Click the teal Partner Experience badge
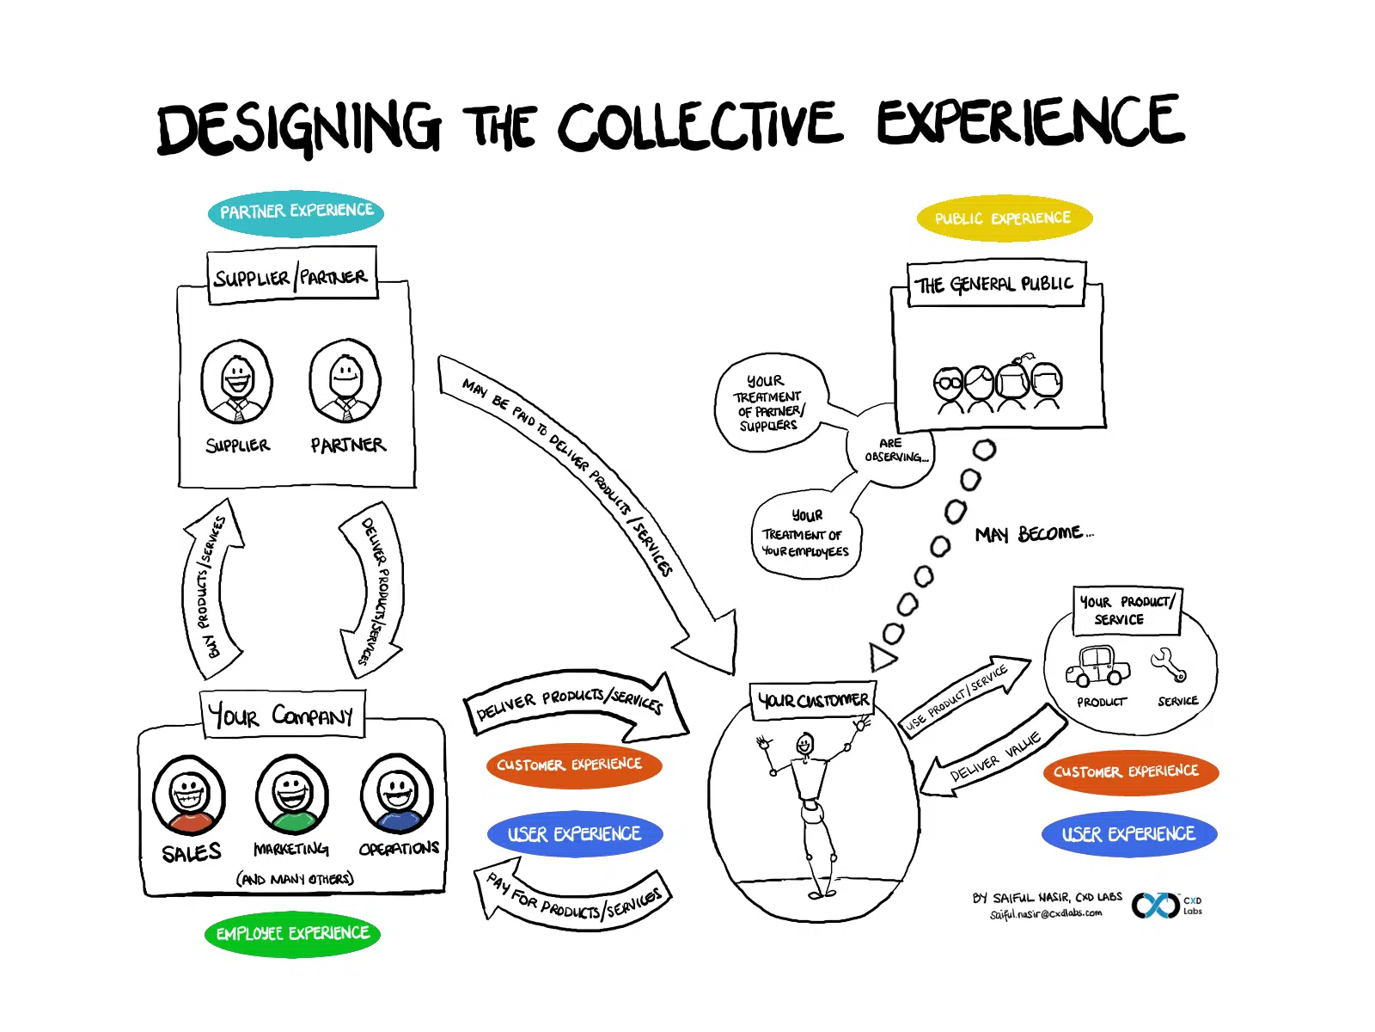point(296,212)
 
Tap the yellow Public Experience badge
point(1004,218)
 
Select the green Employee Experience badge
point(292,934)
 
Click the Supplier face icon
point(237,382)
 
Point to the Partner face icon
point(345,380)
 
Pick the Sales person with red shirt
point(189,795)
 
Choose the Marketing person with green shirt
point(292,795)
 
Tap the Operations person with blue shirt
point(397,795)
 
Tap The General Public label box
point(995,285)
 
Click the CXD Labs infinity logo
point(1155,905)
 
